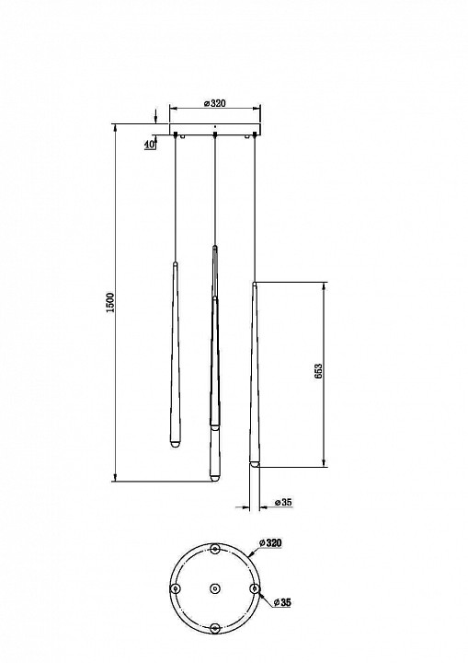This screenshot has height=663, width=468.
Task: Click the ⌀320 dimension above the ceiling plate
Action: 214,103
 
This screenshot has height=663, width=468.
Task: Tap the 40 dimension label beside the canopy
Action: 149,144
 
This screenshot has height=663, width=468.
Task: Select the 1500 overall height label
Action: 110,302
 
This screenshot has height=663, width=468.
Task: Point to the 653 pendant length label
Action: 318,371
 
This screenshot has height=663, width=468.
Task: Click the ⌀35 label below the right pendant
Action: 283,503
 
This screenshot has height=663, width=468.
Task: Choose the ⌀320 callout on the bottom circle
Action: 270,542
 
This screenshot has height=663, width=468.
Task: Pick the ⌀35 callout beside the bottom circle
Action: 282,602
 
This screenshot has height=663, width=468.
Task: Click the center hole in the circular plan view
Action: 215,588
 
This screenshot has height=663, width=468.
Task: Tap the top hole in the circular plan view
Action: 215,549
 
